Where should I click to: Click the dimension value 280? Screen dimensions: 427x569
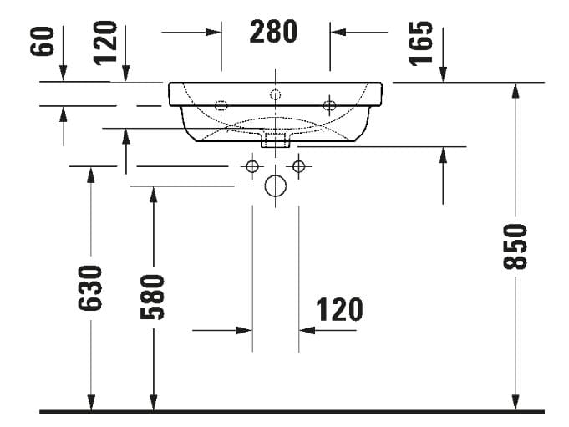click(274, 32)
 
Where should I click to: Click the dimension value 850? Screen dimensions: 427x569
click(517, 247)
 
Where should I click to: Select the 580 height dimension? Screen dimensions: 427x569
click(153, 296)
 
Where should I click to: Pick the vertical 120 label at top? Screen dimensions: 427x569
click(106, 43)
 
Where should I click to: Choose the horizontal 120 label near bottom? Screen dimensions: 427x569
click(339, 309)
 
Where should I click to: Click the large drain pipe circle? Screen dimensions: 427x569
click(275, 186)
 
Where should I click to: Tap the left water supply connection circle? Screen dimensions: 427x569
click(251, 166)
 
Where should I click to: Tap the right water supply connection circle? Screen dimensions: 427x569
click(299, 166)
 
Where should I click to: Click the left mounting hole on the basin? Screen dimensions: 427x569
click(221, 105)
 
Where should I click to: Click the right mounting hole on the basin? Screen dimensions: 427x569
click(329, 105)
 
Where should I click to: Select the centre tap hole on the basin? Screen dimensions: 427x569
click(275, 94)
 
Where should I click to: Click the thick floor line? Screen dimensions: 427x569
click(292, 412)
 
